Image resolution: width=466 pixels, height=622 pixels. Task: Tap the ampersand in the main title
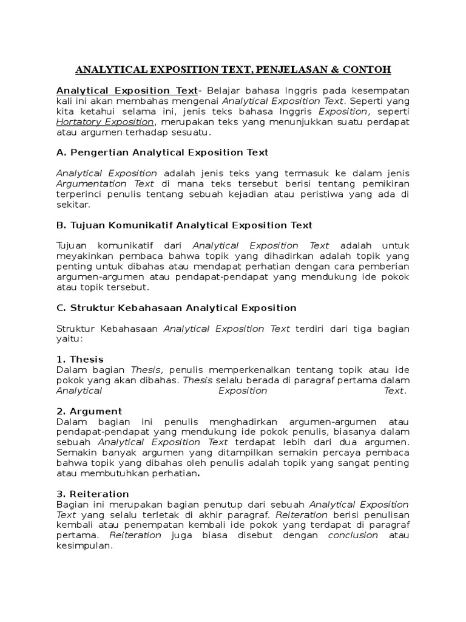click(x=337, y=68)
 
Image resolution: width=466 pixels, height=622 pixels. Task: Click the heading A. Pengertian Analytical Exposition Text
click(x=162, y=152)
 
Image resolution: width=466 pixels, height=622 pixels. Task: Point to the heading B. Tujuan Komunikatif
click(x=184, y=225)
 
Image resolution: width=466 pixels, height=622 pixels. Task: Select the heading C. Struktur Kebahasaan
click(x=176, y=308)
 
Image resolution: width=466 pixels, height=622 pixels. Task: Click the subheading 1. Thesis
click(x=79, y=359)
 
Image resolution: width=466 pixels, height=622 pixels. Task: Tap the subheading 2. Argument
click(x=89, y=411)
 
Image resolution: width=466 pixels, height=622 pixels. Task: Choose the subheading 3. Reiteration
click(x=92, y=494)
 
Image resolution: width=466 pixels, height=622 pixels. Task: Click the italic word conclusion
click(x=353, y=535)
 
